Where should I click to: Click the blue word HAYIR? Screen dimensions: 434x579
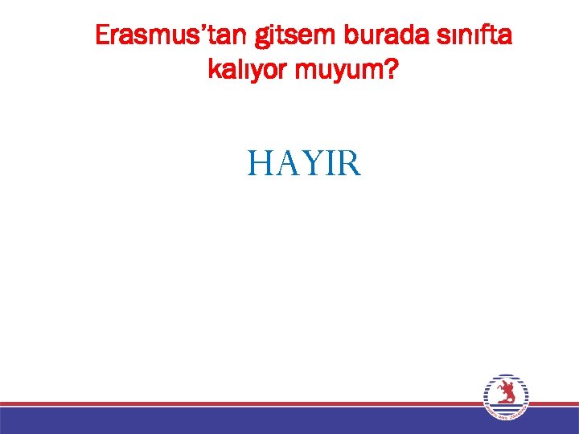(x=305, y=164)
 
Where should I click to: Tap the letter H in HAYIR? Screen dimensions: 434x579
(x=261, y=164)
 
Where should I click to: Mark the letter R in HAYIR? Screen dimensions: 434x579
(x=349, y=164)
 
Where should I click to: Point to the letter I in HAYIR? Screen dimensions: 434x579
(x=328, y=164)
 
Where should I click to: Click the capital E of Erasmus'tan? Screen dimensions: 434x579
(x=102, y=35)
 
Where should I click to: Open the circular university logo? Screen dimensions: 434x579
(x=506, y=396)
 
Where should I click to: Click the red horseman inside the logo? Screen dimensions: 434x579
(x=506, y=393)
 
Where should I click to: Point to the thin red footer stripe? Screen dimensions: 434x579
(x=241, y=403)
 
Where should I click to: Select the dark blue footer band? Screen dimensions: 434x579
(x=241, y=420)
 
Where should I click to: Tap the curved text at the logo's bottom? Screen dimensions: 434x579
(x=507, y=414)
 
